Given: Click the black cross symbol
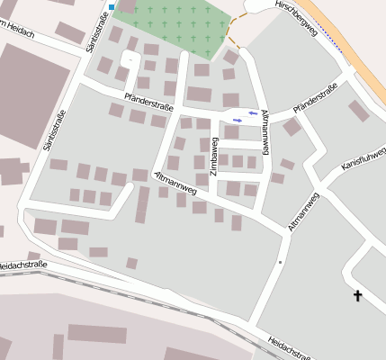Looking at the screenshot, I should point(357,295).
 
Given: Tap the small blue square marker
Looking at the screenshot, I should point(111,7).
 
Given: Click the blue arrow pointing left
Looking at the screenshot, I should point(253,113).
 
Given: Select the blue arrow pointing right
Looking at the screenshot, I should point(238,121).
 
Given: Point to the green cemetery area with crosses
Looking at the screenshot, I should point(180,27).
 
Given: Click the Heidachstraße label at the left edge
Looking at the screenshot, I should point(22,266).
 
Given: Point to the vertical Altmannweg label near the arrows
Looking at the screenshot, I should point(263,134).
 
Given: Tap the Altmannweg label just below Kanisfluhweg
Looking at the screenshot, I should point(304,212).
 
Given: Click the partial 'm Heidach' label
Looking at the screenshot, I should point(18,34).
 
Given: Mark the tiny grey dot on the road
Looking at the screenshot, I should point(280,262).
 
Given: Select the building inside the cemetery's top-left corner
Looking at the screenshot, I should point(127,6).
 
